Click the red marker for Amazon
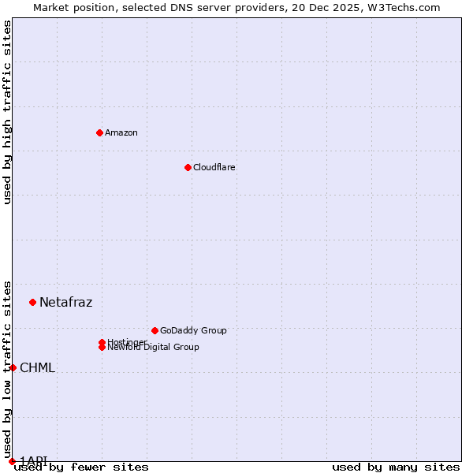pos(99,132)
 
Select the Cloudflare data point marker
pos(188,167)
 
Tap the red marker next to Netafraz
pos(32,302)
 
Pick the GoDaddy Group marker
pos(155,330)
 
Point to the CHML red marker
pos(13,367)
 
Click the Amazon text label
pos(121,132)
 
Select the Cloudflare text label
pos(214,167)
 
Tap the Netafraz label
pos(65,302)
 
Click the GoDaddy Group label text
pos(193,330)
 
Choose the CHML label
pos(37,367)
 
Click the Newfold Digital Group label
pos(154,348)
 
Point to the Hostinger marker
pos(102,342)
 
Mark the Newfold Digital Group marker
pos(102,348)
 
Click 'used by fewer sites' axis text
pos(81,467)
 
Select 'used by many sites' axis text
pos(396,467)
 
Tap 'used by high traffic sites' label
pos(7,112)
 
